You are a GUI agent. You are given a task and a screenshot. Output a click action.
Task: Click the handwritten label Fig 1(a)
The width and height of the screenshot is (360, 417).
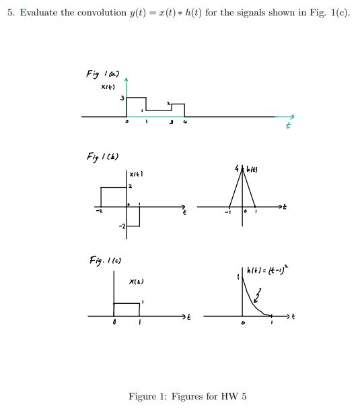tap(100, 72)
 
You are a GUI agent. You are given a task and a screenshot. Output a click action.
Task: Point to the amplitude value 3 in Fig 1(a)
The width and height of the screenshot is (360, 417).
tap(122, 99)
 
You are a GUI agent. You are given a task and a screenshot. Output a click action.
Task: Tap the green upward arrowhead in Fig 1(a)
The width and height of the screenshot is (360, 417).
tap(127, 79)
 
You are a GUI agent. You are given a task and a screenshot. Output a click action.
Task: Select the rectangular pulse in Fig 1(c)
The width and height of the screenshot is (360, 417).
tap(127, 309)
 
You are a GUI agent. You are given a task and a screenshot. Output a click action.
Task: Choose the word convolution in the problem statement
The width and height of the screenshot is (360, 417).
tap(85, 13)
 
